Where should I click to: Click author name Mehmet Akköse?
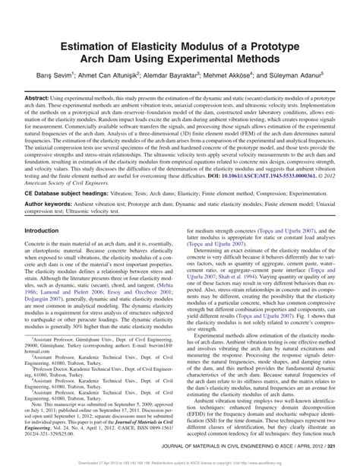coord(244,76)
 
